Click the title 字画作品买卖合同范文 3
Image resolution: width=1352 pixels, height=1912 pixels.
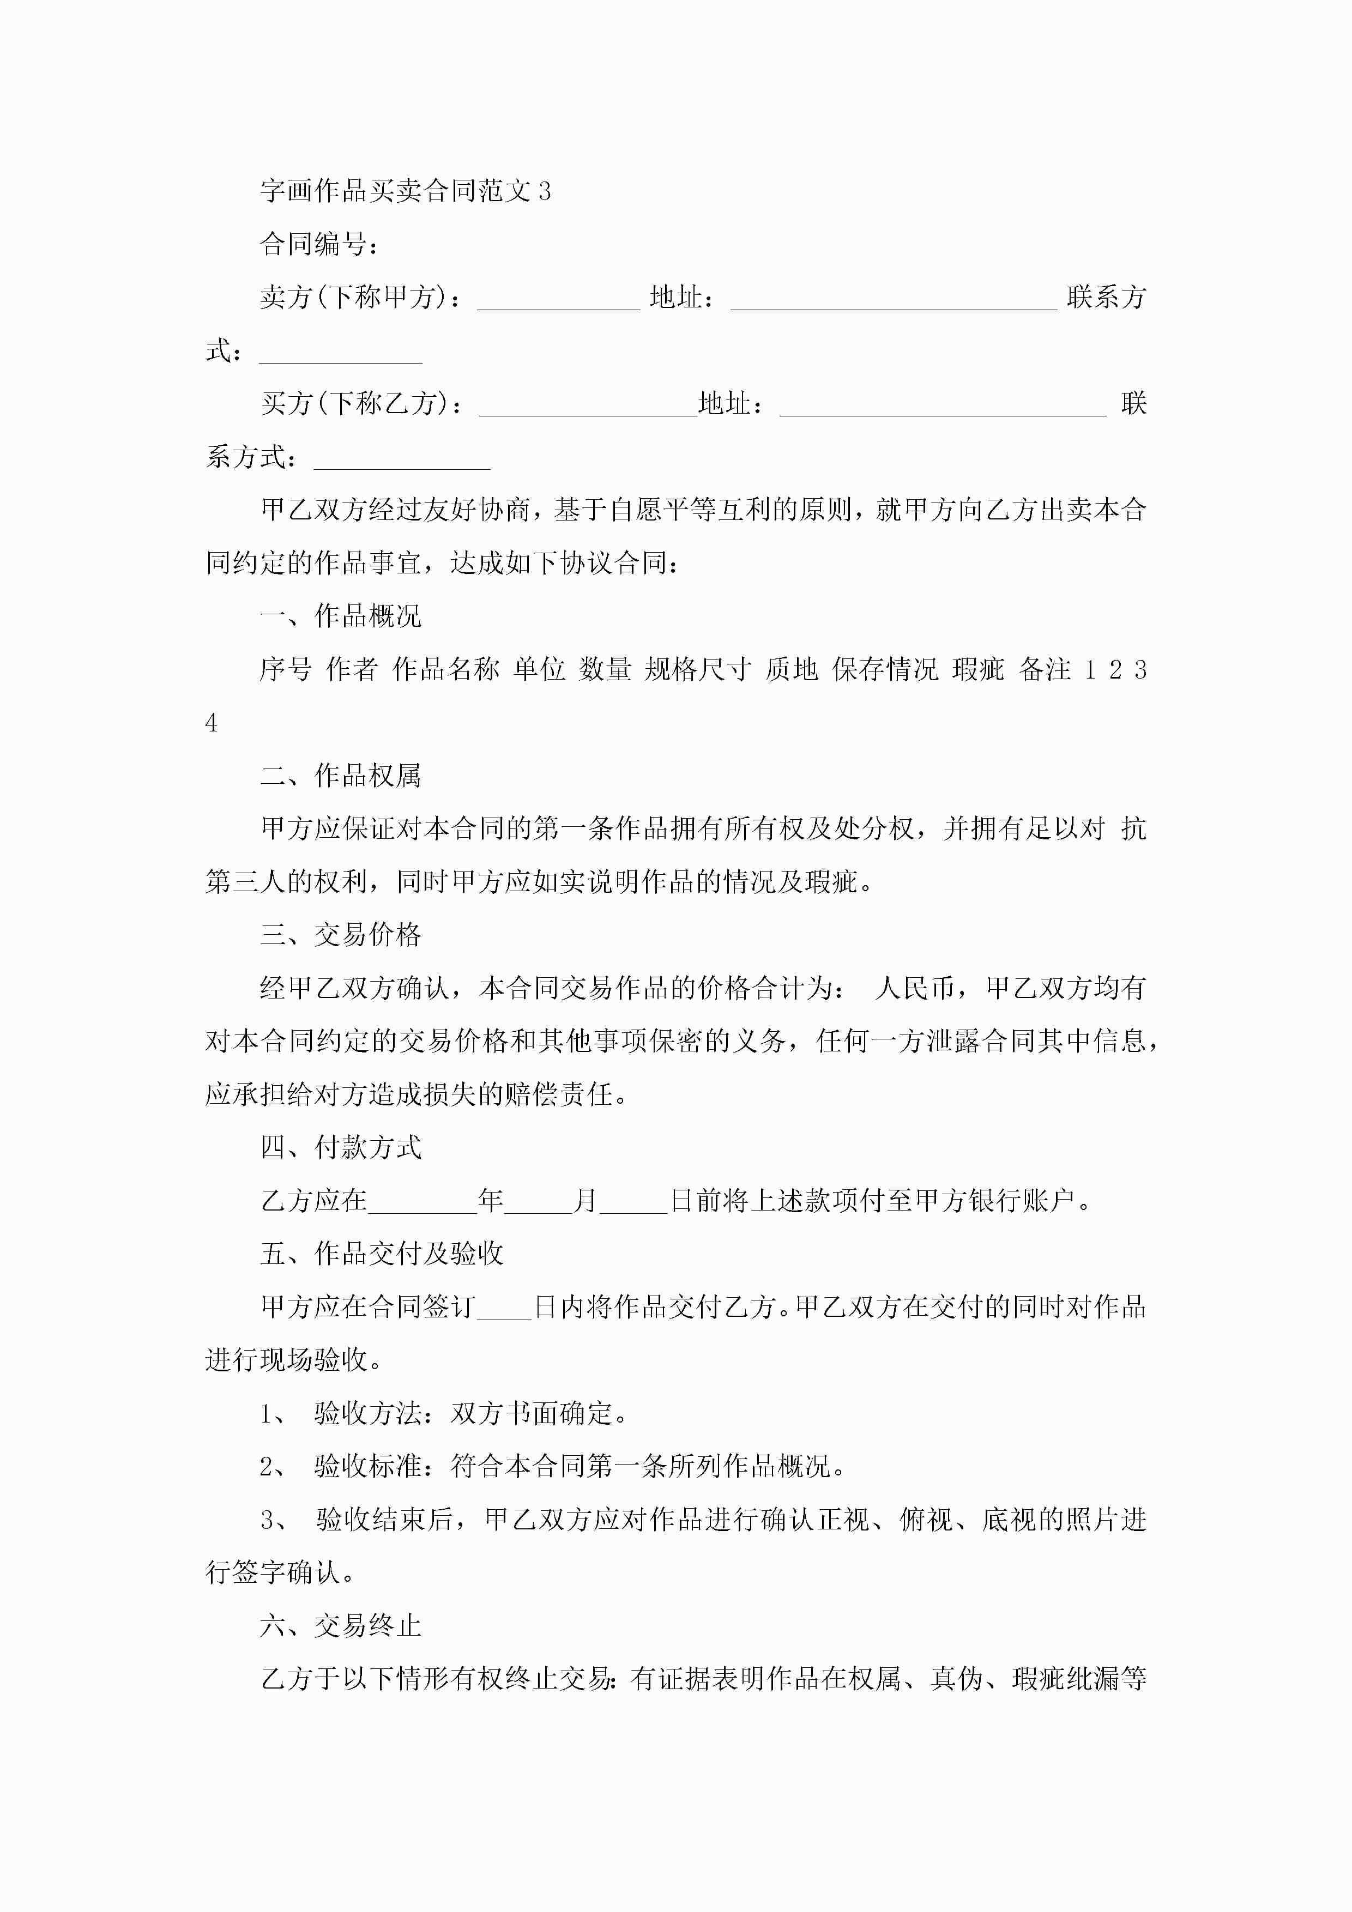pyautogui.click(x=405, y=191)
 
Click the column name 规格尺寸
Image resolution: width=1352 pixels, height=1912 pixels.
pyautogui.click(x=697, y=669)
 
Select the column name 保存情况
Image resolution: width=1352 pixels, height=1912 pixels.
pyautogui.click(x=885, y=669)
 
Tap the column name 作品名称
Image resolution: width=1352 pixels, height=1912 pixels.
pyautogui.click(x=445, y=669)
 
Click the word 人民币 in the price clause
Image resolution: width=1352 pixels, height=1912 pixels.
pyautogui.click(x=915, y=989)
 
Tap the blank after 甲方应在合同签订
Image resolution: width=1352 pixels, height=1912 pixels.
pyautogui.click(x=503, y=1308)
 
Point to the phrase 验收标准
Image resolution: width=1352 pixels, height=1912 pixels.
pyautogui.click(x=367, y=1467)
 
